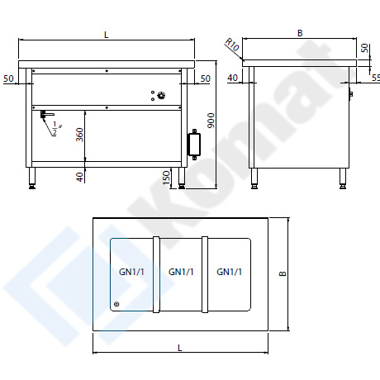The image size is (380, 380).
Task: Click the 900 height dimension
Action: click(211, 121)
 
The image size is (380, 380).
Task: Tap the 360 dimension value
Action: click(79, 135)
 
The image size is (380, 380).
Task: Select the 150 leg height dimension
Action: click(166, 178)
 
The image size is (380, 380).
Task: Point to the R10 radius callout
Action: click(232, 45)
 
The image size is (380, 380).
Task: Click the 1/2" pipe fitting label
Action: click(56, 128)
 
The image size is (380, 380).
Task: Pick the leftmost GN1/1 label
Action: click(131, 272)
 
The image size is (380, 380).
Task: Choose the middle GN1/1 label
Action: click(181, 272)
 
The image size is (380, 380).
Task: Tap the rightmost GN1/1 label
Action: click(229, 272)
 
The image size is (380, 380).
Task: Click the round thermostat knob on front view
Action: click(161, 96)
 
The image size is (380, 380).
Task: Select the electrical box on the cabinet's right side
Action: click(194, 145)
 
